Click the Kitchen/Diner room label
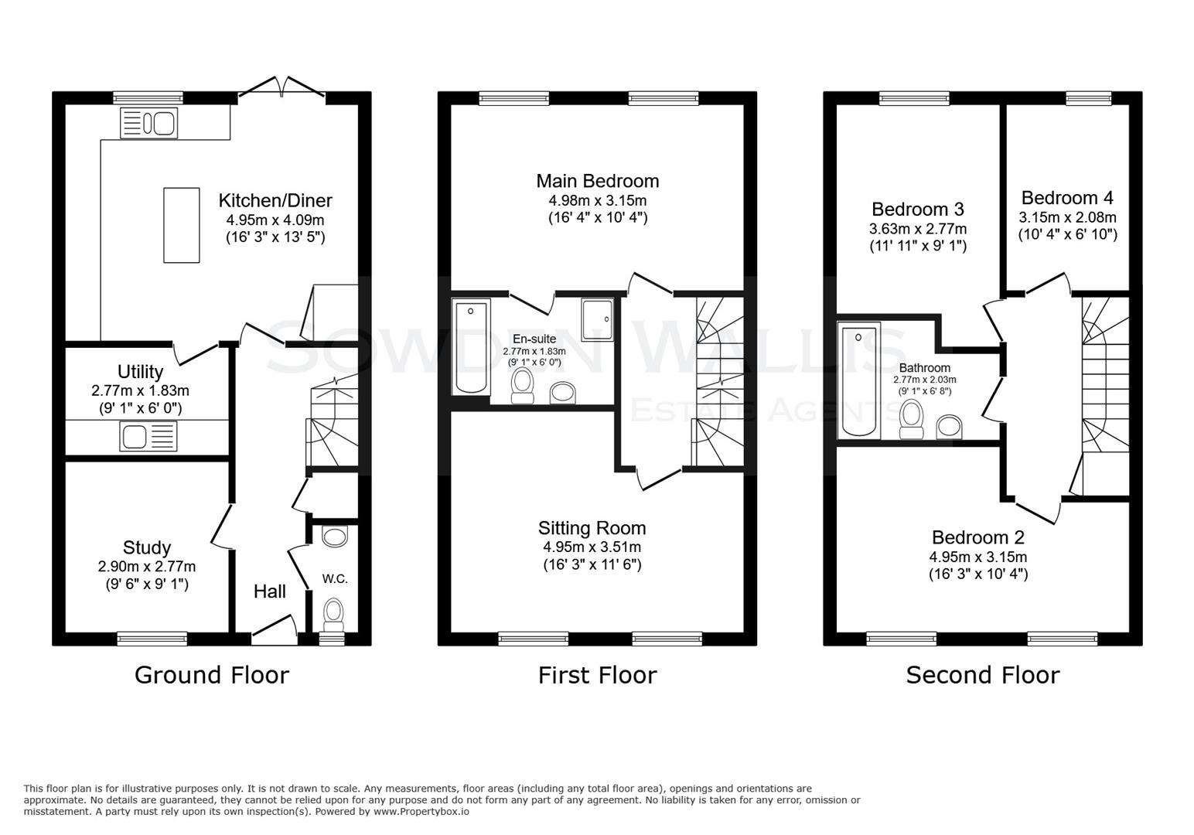coord(275,200)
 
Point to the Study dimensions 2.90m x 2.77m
coord(147,567)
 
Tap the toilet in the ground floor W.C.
coord(334,611)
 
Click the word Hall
coord(270,591)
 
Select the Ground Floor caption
coord(212,675)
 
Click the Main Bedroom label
coord(598,181)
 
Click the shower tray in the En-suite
coord(598,320)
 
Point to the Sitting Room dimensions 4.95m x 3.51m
coord(592,547)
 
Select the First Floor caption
coord(598,675)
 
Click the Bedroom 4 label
coord(1067,198)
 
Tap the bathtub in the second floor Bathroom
coord(860,381)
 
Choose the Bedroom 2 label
coord(978,537)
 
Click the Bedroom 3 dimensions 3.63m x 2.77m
coord(917,229)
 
